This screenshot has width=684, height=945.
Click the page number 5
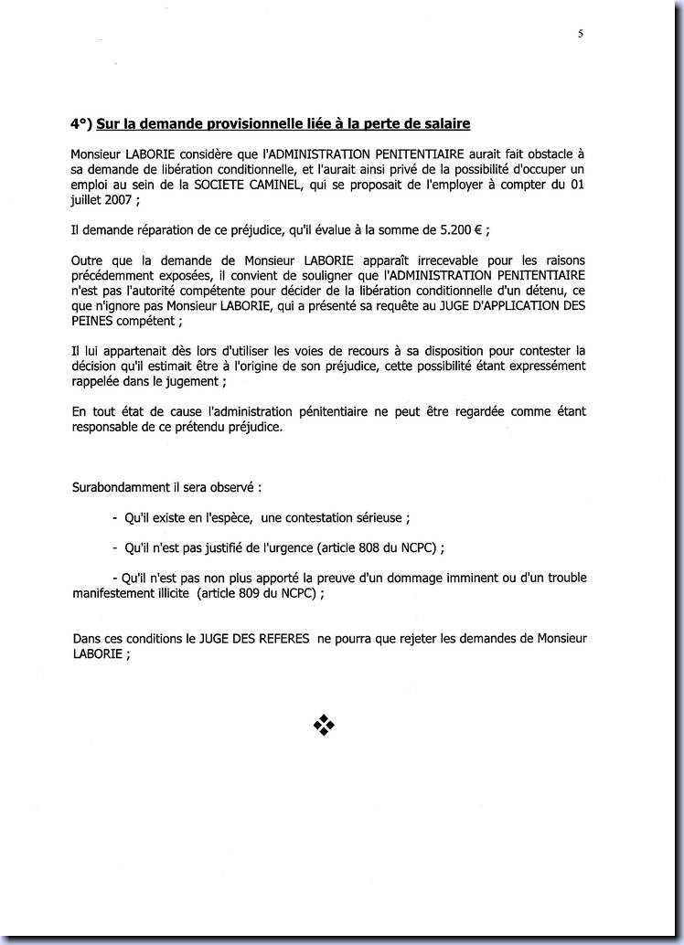[x=581, y=34]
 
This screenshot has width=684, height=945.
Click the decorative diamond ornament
[x=325, y=726]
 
